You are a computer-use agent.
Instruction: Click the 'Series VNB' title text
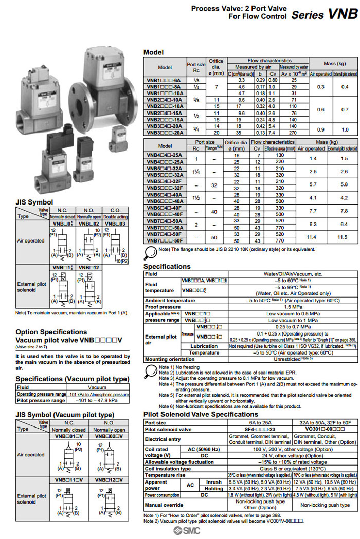[x=324, y=14]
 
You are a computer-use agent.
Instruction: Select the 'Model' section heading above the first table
[x=153, y=52]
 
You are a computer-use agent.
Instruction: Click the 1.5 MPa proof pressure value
[x=293, y=306]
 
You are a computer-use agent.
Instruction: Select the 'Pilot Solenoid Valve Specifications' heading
[x=201, y=414]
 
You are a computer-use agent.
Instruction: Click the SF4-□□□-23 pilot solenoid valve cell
[x=260, y=429]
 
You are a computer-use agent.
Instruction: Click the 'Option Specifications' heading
[x=51, y=332]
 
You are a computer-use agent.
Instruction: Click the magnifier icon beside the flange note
[x=150, y=251]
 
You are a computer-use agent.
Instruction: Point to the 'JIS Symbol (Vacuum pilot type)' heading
[x=65, y=414]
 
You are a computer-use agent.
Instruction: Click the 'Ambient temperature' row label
[x=170, y=300]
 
